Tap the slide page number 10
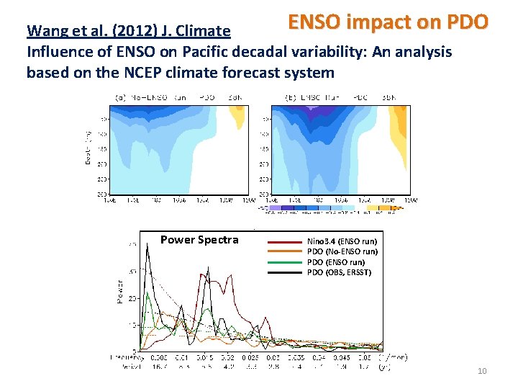(x=481, y=370)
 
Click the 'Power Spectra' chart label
(x=199, y=240)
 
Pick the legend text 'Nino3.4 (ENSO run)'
(x=342, y=241)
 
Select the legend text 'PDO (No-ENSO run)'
(x=342, y=251)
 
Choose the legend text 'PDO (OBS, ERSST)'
(x=339, y=272)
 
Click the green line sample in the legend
(x=285, y=262)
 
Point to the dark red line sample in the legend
(x=285, y=241)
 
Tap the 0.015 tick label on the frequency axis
(x=206, y=357)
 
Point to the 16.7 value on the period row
(x=161, y=367)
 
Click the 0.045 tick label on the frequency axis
(x=342, y=357)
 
